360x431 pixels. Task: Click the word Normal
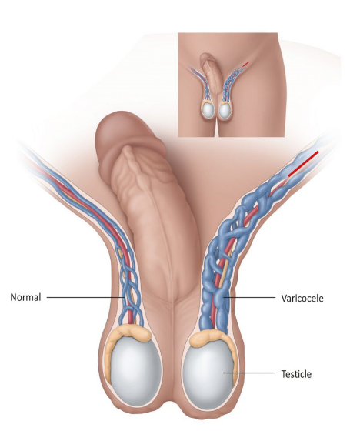point(25,297)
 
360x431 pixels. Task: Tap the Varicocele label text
point(302,298)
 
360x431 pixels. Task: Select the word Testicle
point(296,374)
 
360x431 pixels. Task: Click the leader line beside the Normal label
point(85,297)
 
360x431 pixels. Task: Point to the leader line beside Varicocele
point(249,297)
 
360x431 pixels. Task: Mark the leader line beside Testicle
point(249,373)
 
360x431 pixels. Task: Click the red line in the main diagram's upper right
point(303,163)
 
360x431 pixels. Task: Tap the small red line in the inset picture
point(245,64)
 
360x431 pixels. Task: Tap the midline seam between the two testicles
point(174,357)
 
